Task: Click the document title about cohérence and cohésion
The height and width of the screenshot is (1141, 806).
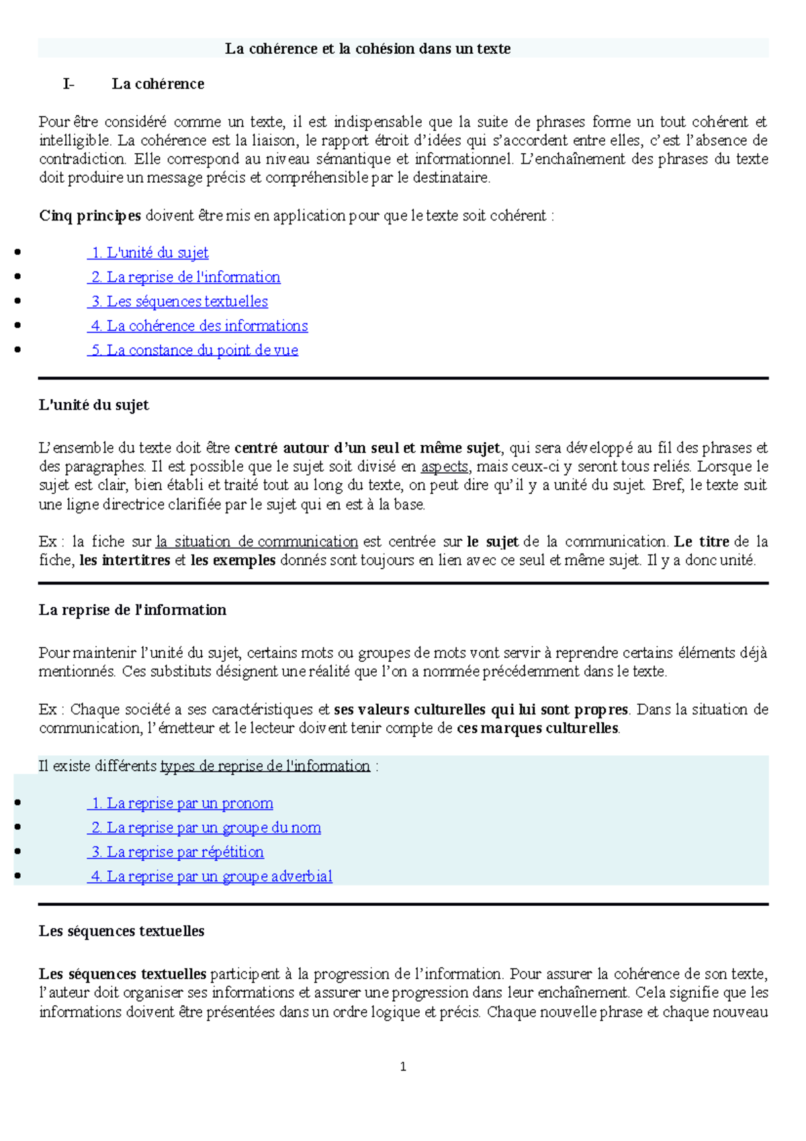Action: click(367, 48)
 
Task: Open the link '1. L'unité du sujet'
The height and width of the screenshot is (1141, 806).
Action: click(149, 253)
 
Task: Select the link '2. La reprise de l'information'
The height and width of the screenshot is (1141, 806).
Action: click(185, 277)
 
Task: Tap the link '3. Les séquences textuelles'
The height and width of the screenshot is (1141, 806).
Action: click(179, 302)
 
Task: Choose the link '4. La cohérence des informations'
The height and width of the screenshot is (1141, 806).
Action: click(198, 326)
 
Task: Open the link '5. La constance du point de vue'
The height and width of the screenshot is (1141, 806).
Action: click(193, 350)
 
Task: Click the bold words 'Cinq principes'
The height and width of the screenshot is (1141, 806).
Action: click(90, 216)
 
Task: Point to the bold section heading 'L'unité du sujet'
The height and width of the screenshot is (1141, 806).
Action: click(94, 405)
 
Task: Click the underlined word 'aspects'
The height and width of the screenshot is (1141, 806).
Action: click(444, 466)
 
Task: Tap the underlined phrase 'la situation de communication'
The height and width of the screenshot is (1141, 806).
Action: click(257, 542)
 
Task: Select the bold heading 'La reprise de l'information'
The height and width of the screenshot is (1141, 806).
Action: click(132, 610)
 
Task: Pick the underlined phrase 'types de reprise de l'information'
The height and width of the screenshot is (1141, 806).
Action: click(265, 766)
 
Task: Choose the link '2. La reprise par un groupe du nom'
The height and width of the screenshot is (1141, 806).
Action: click(205, 828)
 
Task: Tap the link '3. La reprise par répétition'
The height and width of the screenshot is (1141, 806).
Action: click(177, 852)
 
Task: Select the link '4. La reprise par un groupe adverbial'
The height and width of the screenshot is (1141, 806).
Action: click(211, 876)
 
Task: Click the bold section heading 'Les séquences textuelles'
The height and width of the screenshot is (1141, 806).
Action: click(122, 931)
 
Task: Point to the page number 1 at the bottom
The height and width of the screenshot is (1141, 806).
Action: click(403, 1066)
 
